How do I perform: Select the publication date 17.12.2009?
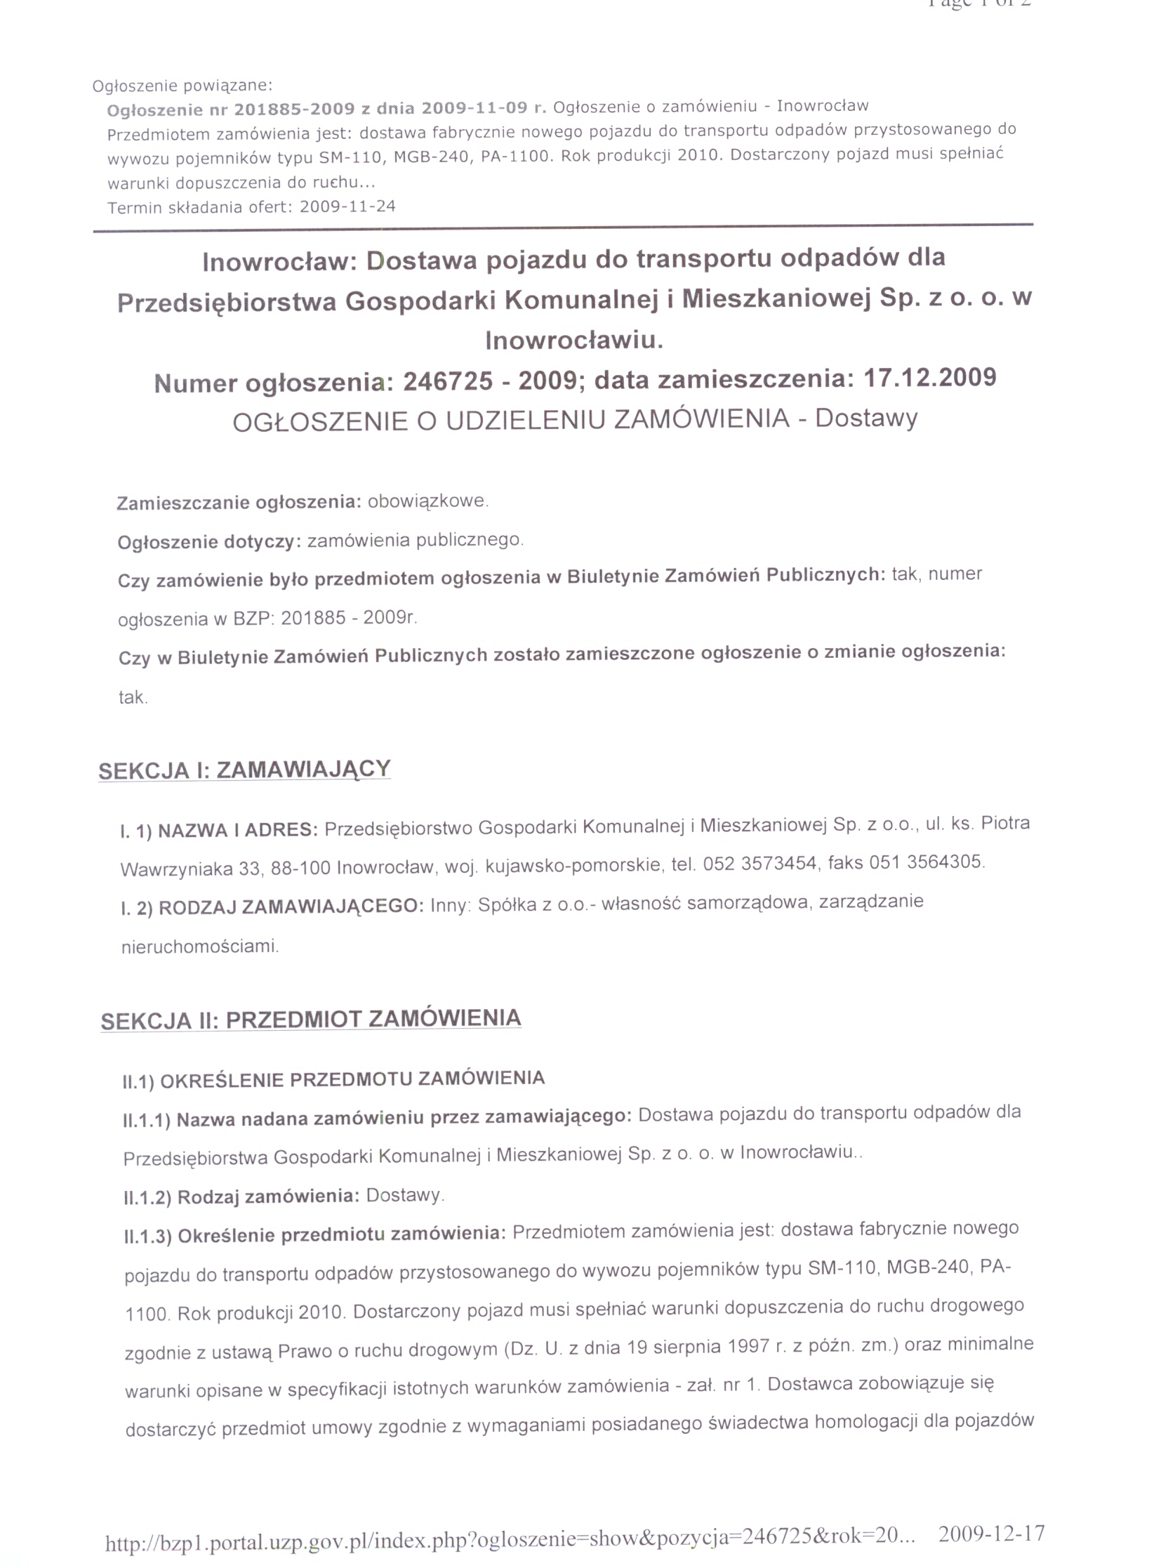[930, 377]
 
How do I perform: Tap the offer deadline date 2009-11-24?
[348, 206]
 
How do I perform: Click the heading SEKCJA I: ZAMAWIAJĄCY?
[245, 770]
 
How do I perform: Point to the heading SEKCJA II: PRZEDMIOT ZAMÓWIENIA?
[311, 1019]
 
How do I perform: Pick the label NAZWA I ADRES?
[237, 830]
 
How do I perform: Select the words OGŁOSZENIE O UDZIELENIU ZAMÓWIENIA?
[510, 420]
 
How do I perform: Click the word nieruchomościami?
[200, 947]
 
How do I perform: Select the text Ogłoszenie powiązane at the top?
[182, 86]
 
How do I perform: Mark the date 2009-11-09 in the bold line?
[474, 108]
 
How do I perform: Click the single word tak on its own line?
[133, 698]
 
